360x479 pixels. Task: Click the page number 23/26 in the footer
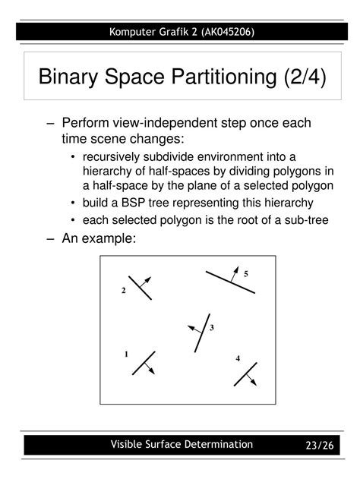click(x=320, y=445)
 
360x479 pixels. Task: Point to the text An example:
click(x=99, y=238)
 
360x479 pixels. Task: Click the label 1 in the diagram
click(x=126, y=355)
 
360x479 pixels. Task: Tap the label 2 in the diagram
click(x=123, y=291)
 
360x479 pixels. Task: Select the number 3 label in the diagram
click(x=212, y=328)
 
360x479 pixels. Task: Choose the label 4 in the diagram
click(x=238, y=358)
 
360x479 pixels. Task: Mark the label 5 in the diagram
click(x=246, y=273)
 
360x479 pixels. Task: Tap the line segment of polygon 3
click(x=202, y=332)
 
